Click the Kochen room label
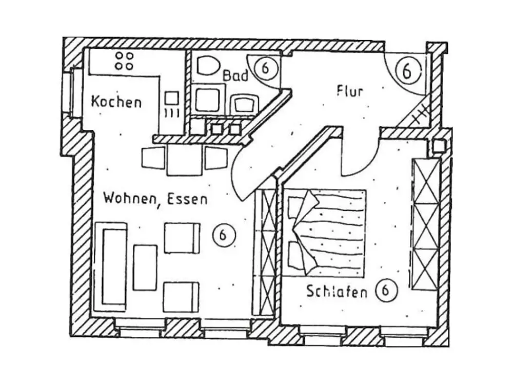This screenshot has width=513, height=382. [116, 102]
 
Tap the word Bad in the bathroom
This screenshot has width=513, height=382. [235, 76]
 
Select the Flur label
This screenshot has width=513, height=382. [350, 91]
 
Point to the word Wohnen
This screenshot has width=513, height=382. [130, 198]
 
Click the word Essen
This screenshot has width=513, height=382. [188, 199]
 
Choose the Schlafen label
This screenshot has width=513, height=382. [337, 291]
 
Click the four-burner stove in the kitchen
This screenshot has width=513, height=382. [124, 61]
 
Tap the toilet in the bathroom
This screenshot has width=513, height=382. [208, 66]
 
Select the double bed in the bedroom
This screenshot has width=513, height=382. [326, 232]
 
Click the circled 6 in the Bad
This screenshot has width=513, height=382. [266, 68]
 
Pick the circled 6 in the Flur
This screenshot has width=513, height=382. [407, 71]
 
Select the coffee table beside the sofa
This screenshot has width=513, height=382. [145, 268]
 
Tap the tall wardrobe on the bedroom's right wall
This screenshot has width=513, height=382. [426, 224]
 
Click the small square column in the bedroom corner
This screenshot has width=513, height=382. [438, 146]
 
